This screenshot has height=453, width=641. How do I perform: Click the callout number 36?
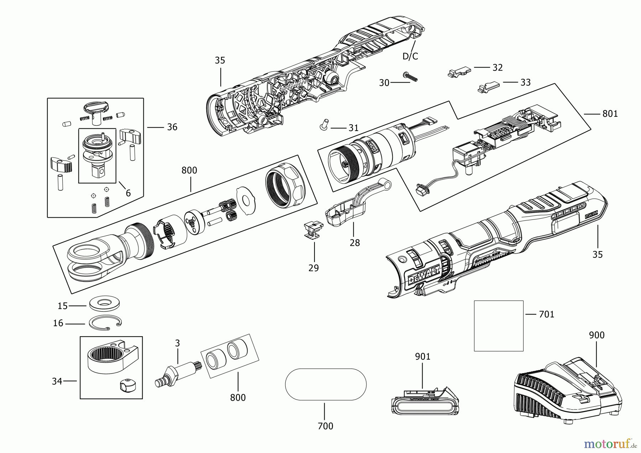click(x=172, y=127)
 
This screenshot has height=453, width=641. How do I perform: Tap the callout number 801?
click(x=610, y=114)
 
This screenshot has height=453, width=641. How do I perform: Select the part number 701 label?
click(x=547, y=314)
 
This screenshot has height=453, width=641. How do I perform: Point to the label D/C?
click(x=410, y=56)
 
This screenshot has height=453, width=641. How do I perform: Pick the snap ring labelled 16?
click(x=105, y=323)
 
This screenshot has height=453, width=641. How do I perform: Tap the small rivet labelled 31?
click(x=324, y=125)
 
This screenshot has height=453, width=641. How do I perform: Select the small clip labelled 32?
click(x=459, y=72)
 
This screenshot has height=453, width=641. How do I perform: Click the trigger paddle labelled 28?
click(x=358, y=203)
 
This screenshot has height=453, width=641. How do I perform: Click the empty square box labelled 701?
click(x=499, y=326)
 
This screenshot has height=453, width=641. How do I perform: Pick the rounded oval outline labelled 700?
click(x=325, y=384)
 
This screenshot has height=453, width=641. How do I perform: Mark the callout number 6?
click(x=128, y=193)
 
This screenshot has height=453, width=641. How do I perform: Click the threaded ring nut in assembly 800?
click(x=286, y=188)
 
